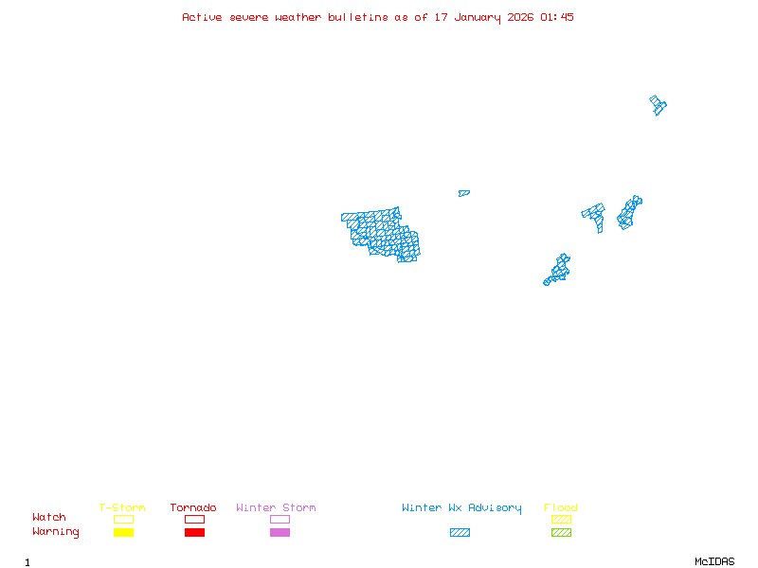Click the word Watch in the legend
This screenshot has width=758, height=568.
(x=49, y=518)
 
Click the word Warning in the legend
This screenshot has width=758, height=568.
(x=56, y=532)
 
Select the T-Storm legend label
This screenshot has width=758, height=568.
(x=122, y=508)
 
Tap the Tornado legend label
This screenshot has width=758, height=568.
(x=193, y=508)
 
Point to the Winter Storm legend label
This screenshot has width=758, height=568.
(x=276, y=508)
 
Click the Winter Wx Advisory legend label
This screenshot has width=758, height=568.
(x=461, y=508)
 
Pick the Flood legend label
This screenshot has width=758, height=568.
(x=561, y=508)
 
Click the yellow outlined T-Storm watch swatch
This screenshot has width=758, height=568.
(x=123, y=519)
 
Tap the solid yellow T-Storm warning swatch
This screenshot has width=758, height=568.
(x=123, y=532)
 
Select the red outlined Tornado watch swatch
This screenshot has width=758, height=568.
(x=194, y=519)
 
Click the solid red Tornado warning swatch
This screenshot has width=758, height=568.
(x=194, y=532)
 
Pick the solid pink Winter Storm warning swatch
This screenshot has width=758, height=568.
(x=280, y=532)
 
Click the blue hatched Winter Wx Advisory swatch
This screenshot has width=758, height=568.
(x=460, y=532)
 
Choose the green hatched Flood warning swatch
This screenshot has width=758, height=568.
(x=561, y=532)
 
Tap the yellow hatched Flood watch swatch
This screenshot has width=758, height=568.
(x=561, y=519)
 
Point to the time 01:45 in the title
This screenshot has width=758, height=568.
(x=557, y=17)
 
